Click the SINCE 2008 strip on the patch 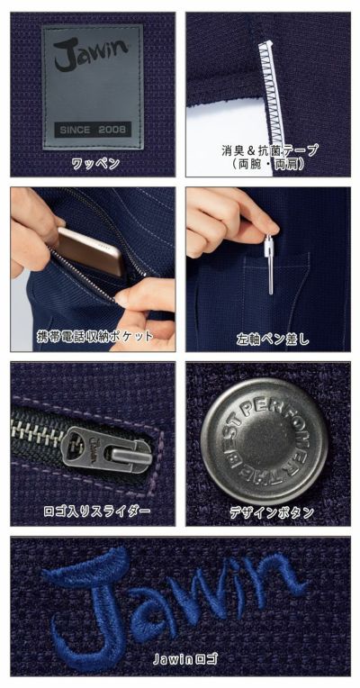[93, 130]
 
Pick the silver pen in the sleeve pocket [268, 265]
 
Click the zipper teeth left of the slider [36, 431]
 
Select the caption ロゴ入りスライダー [93, 512]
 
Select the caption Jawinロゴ [180, 659]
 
